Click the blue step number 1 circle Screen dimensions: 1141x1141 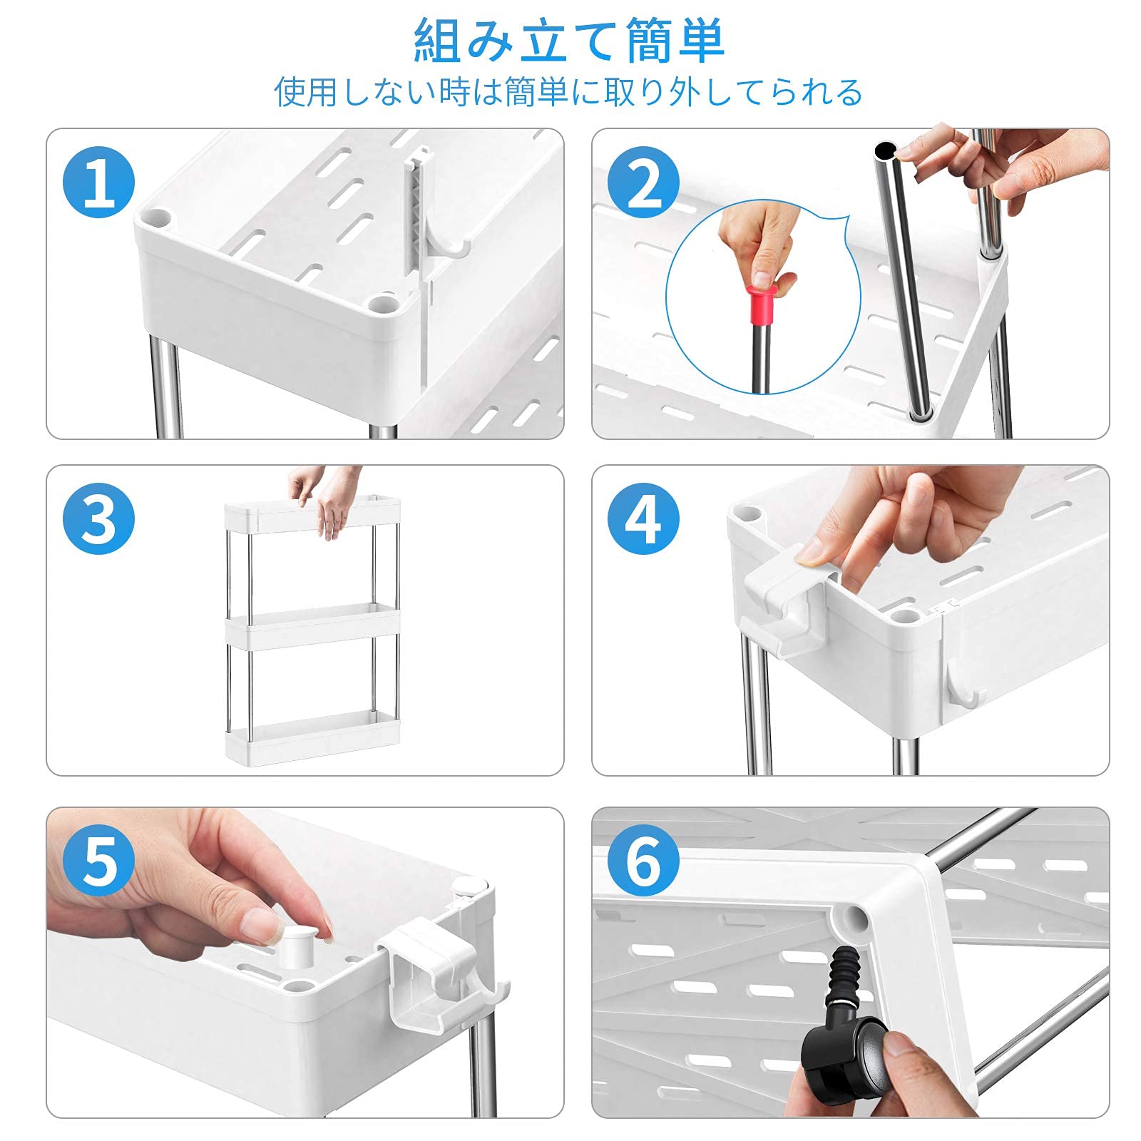click(x=99, y=182)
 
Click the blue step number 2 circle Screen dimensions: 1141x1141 click(x=644, y=182)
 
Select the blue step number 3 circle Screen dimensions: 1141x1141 click(x=99, y=518)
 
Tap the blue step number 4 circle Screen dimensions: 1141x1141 click(x=644, y=518)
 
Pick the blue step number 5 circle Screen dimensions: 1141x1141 click(x=99, y=861)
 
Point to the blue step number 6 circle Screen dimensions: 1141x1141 click(x=644, y=861)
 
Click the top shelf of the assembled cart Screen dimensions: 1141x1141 click(x=312, y=514)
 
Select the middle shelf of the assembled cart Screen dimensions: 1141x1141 click(x=312, y=626)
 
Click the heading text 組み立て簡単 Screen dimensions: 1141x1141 click(x=570, y=41)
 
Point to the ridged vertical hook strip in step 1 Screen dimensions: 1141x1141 click(x=418, y=214)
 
